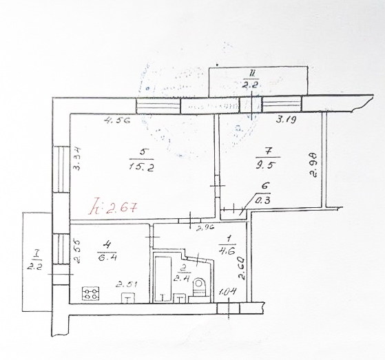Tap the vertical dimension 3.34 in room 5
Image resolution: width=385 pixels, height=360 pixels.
tap(77, 160)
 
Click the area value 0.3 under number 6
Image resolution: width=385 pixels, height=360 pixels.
tap(262, 202)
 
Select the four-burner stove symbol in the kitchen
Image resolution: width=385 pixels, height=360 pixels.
tap(90, 295)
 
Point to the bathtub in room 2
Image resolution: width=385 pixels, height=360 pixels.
tap(163, 279)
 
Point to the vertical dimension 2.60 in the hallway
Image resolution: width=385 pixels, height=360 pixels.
tap(241, 268)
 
